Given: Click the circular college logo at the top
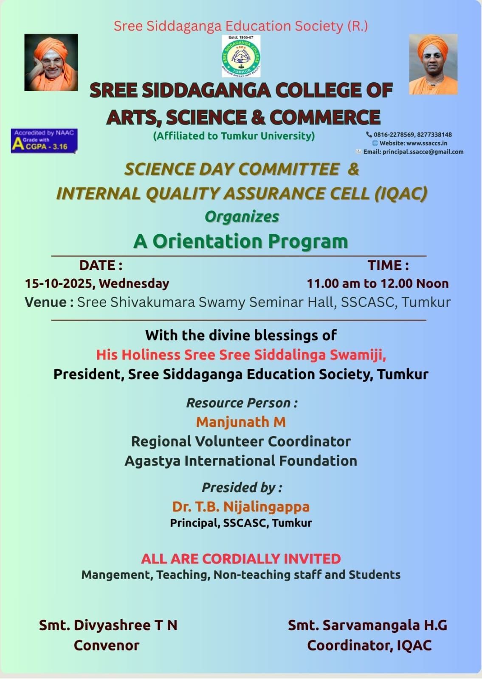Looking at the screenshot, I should point(241,56).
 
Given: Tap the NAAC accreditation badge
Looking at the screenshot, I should point(44,140).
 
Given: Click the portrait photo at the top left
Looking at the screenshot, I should point(51,62).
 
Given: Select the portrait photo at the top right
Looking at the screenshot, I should point(433,64).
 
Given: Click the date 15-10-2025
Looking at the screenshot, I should point(59,283).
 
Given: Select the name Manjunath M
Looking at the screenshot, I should point(241,422).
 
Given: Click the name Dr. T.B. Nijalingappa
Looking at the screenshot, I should point(241,507).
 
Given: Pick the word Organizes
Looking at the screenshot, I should point(242,216).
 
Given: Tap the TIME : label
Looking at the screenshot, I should point(388,265).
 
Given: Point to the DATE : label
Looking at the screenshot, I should point(101,265).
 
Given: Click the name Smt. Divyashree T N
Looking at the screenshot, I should point(108,625).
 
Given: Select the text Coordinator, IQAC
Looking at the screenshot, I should point(369,645).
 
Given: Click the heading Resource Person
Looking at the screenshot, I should point(242,403).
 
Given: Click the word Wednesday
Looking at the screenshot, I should point(134,283).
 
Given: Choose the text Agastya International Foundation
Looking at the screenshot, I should point(241,461).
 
